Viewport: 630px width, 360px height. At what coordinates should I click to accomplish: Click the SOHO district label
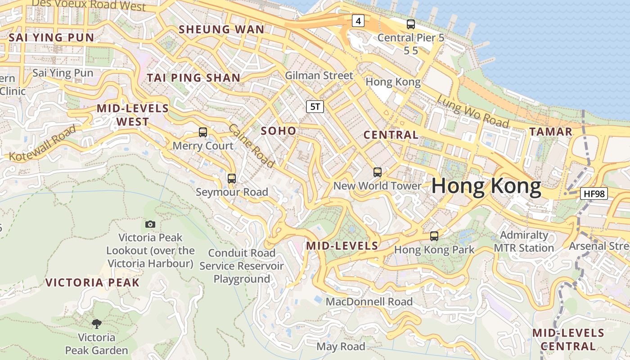coord(279,131)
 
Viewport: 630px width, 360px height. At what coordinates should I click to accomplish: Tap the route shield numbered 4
coord(358,21)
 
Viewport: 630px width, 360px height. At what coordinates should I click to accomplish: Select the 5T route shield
coord(315,107)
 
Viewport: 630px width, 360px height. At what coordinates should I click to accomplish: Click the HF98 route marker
coord(594,194)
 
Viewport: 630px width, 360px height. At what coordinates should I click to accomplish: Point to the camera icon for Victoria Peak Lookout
coord(150,224)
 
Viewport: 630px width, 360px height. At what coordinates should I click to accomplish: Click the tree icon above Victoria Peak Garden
coord(96,324)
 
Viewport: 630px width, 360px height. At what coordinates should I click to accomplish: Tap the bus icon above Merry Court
coord(203,132)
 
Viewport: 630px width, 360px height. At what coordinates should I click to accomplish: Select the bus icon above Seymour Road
coord(232,179)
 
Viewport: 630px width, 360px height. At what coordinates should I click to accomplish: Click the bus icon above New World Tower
coord(377,172)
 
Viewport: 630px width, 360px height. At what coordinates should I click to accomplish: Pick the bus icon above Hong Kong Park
coord(434,236)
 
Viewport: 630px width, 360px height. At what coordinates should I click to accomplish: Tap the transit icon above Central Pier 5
coord(410,24)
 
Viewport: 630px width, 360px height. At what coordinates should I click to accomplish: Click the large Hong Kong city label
coord(486,186)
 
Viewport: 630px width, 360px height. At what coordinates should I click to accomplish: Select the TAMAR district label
coord(550,132)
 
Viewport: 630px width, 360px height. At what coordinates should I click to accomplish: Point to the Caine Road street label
coord(251,146)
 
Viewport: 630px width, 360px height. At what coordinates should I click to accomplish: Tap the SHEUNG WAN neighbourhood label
coord(221,30)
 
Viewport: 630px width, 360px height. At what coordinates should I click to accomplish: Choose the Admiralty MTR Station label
coord(524,242)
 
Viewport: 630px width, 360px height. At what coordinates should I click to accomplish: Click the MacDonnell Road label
coord(369,301)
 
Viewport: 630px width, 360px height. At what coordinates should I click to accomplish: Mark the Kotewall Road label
coord(43,143)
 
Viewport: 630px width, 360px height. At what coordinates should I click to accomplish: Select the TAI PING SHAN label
coord(193,78)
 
